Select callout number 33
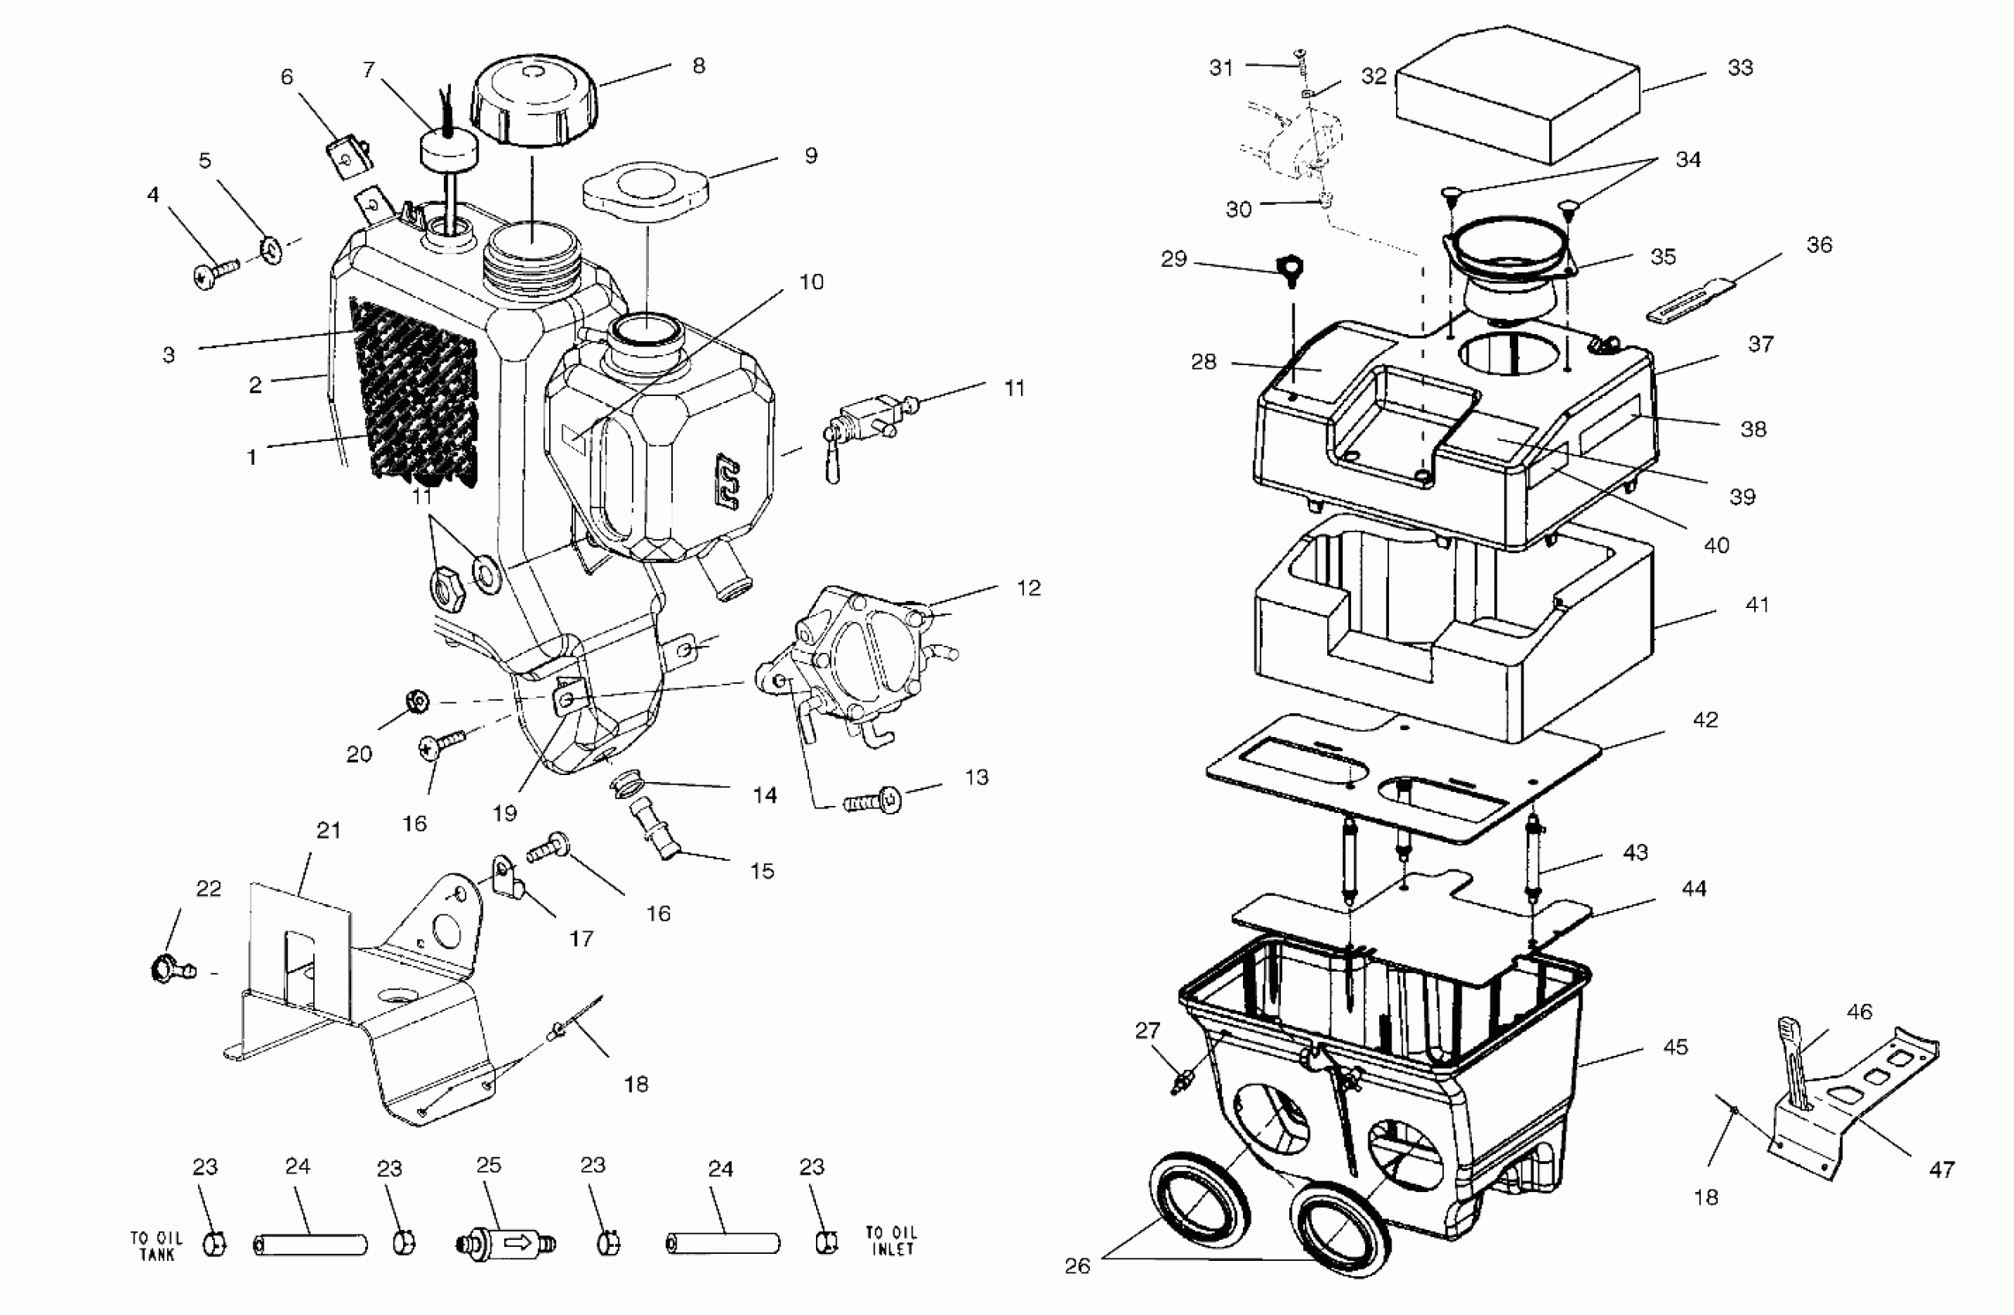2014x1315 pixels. [1740, 68]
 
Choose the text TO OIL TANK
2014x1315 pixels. [155, 1245]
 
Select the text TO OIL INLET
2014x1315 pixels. [891, 1241]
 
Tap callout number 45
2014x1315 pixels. [1675, 1047]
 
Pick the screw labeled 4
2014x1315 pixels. [215, 273]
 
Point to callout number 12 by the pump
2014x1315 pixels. [1028, 588]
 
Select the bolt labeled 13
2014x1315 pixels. [875, 801]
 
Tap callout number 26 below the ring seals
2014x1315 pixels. [1077, 1266]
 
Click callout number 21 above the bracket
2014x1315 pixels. [329, 831]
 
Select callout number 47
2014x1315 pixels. [1941, 1170]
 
